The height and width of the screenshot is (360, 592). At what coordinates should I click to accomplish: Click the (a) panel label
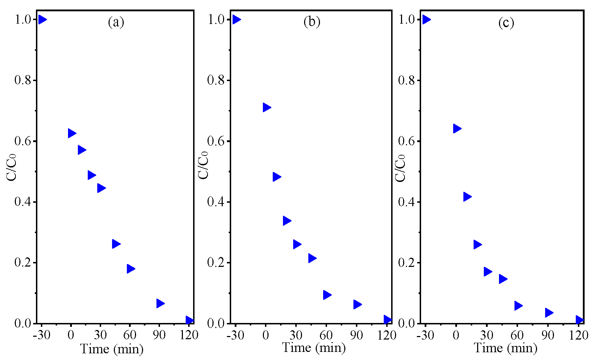tap(116, 22)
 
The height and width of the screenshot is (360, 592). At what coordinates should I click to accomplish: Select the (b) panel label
tap(312, 22)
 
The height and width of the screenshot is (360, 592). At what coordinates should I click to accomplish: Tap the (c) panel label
tap(506, 23)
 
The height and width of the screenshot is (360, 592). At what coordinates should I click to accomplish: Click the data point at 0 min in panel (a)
tap(72, 133)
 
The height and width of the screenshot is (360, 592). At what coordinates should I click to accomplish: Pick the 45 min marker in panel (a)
tap(116, 244)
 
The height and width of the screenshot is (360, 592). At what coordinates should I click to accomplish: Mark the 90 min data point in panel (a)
tap(160, 303)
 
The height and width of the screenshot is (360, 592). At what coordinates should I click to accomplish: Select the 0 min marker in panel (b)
tap(266, 108)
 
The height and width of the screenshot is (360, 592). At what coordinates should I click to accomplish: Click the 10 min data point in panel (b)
tap(276, 177)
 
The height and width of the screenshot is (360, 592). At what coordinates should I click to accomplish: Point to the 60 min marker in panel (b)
tap(327, 295)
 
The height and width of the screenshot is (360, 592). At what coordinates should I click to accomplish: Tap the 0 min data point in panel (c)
tap(457, 128)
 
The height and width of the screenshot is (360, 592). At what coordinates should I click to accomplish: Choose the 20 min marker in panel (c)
tap(477, 245)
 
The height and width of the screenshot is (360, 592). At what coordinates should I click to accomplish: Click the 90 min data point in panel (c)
tap(549, 313)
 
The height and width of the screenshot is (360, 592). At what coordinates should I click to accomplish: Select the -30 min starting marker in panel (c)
tap(426, 19)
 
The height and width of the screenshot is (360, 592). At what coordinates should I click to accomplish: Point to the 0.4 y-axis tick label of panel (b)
tap(216, 202)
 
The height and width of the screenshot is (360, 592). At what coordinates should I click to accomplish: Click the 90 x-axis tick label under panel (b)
tap(356, 335)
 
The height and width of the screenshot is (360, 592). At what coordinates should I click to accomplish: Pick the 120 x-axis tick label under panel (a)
tap(189, 335)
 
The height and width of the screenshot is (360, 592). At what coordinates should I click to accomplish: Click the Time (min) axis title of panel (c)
tap(505, 348)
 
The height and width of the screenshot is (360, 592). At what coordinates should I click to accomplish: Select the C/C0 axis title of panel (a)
tap(12, 167)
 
